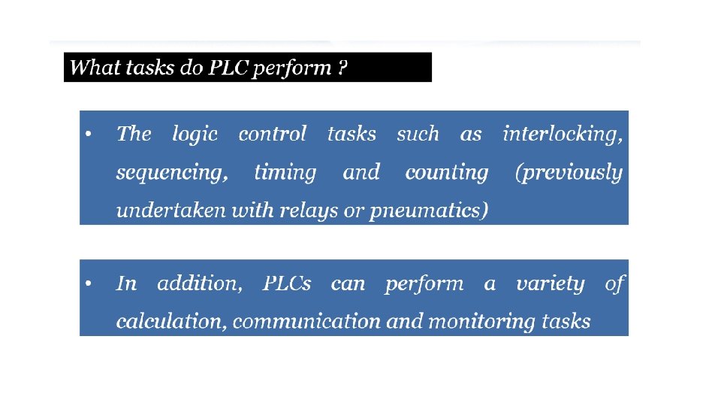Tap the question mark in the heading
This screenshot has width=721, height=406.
tap(342, 67)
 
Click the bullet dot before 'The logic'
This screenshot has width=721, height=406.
tap(89, 134)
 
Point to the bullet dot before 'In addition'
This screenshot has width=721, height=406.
tap(89, 283)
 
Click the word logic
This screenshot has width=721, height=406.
tap(195, 135)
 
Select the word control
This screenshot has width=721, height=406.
tap(272, 134)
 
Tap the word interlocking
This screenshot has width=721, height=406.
tap(563, 135)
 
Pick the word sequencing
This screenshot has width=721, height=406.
tap(172, 173)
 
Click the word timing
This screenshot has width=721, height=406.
tap(285, 173)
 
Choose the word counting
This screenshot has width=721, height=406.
tap(446, 173)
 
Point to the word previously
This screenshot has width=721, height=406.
tap(569, 173)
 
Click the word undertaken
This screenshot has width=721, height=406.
tap(171, 211)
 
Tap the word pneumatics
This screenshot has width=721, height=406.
tap(429, 211)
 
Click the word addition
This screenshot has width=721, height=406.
tap(200, 283)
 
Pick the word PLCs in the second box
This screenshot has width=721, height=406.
tap(287, 283)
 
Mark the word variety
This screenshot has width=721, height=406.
tap(551, 284)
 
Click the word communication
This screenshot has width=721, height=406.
tap(306, 321)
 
